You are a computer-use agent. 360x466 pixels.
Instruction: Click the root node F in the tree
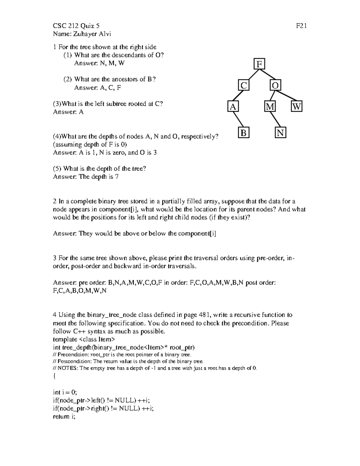(x=259, y=64)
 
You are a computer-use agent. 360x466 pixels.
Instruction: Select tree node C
(x=244, y=86)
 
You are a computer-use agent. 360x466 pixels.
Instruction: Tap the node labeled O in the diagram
(x=275, y=86)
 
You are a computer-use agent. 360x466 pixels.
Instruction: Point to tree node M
(x=270, y=107)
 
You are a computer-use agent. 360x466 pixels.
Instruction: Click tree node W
(x=296, y=107)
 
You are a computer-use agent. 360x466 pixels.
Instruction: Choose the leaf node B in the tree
(x=244, y=133)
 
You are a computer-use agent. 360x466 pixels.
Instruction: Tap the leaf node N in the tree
(x=280, y=133)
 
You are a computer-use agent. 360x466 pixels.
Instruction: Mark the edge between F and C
(x=252, y=75)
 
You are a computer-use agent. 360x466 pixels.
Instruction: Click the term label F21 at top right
(x=301, y=26)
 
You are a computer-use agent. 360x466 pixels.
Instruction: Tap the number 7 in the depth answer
(x=117, y=177)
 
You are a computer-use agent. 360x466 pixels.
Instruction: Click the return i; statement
(x=64, y=416)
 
